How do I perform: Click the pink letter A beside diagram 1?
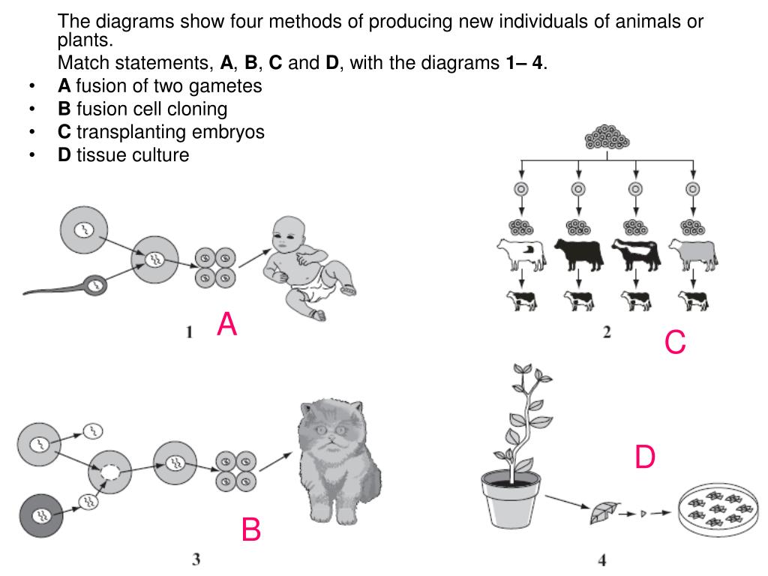(x=226, y=324)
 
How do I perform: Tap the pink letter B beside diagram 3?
(x=251, y=529)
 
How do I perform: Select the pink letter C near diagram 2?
(x=675, y=342)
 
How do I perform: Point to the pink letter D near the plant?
(x=644, y=457)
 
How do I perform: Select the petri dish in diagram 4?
(x=718, y=508)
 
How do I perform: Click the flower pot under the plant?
(x=510, y=499)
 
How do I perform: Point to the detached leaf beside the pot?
(x=604, y=513)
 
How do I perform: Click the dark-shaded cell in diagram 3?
(x=41, y=515)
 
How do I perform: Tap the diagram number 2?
(x=607, y=332)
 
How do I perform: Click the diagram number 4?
(x=602, y=559)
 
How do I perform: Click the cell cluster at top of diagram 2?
(x=607, y=137)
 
